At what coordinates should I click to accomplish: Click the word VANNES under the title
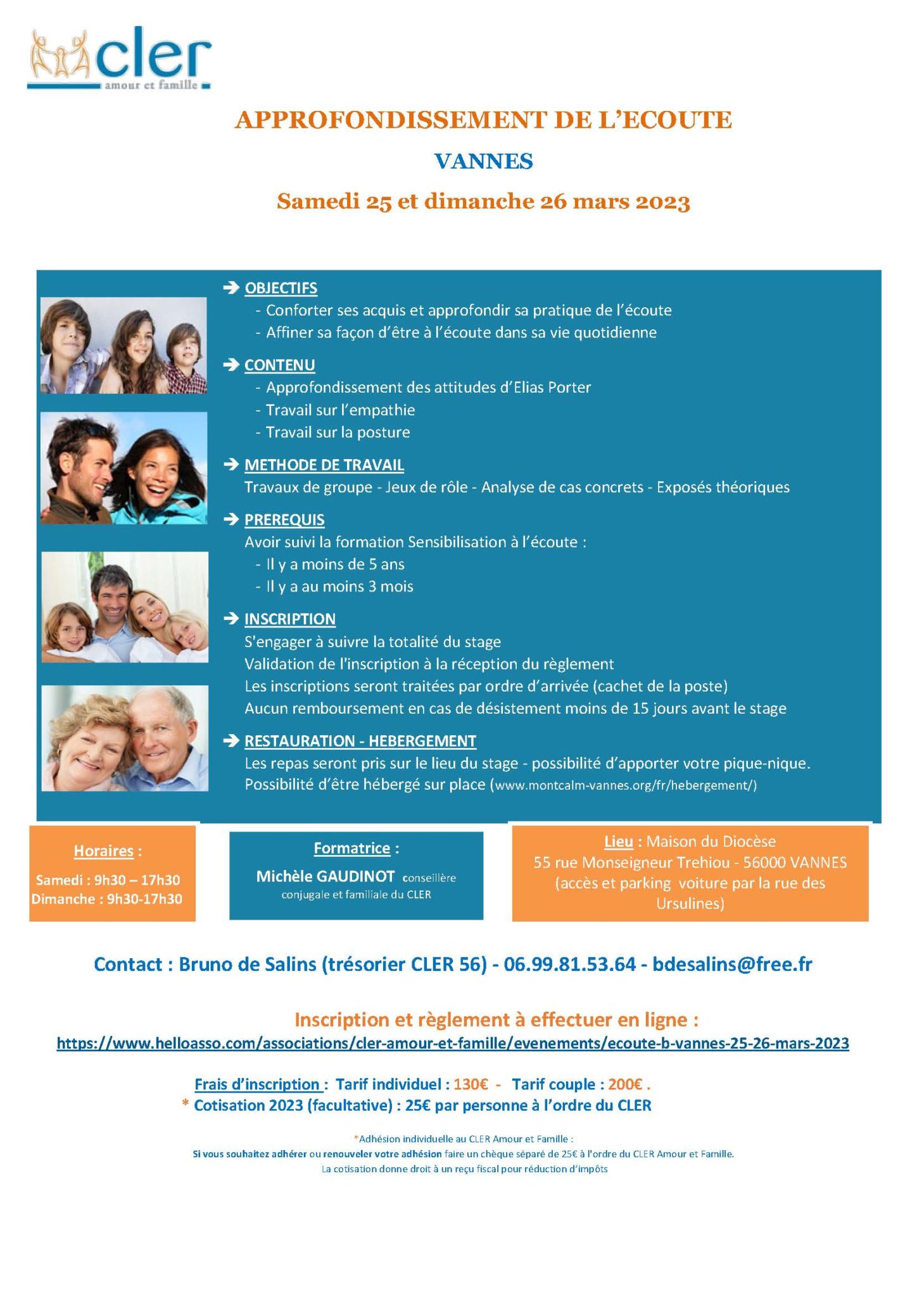483,161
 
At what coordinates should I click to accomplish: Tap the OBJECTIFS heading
281,288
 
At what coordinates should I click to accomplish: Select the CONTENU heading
279,365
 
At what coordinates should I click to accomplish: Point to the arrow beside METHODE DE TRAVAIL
231,465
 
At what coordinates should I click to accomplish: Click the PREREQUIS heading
284,520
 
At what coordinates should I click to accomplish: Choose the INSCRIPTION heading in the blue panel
290,619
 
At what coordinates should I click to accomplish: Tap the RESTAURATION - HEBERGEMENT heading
360,741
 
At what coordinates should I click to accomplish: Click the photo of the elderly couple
125,738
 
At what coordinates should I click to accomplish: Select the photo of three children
123,346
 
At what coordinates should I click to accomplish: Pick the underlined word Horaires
104,851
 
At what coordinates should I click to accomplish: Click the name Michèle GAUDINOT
325,876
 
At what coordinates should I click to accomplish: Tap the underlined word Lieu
618,842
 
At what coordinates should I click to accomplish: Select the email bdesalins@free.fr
732,965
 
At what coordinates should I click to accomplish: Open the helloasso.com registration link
453,1043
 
